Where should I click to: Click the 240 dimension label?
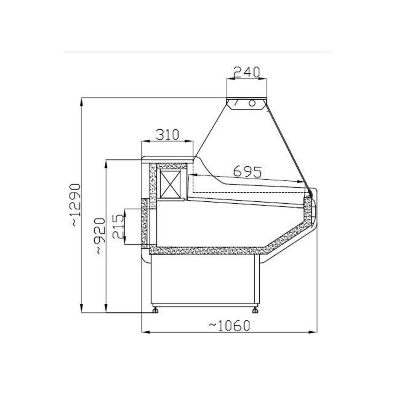tap(247, 72)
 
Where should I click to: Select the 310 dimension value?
tap(167, 135)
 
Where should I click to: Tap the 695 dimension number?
tap(247, 171)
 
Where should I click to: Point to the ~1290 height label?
tap(75, 205)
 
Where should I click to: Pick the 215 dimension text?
tap(118, 227)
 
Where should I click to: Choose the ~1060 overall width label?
tap(229, 325)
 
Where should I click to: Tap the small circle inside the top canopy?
tap(251, 103)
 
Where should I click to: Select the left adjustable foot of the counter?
tap(156, 310)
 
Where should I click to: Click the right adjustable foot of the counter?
tap(256, 310)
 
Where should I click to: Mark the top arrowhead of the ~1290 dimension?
tap(82, 101)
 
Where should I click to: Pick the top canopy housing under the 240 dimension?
tap(247, 103)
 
